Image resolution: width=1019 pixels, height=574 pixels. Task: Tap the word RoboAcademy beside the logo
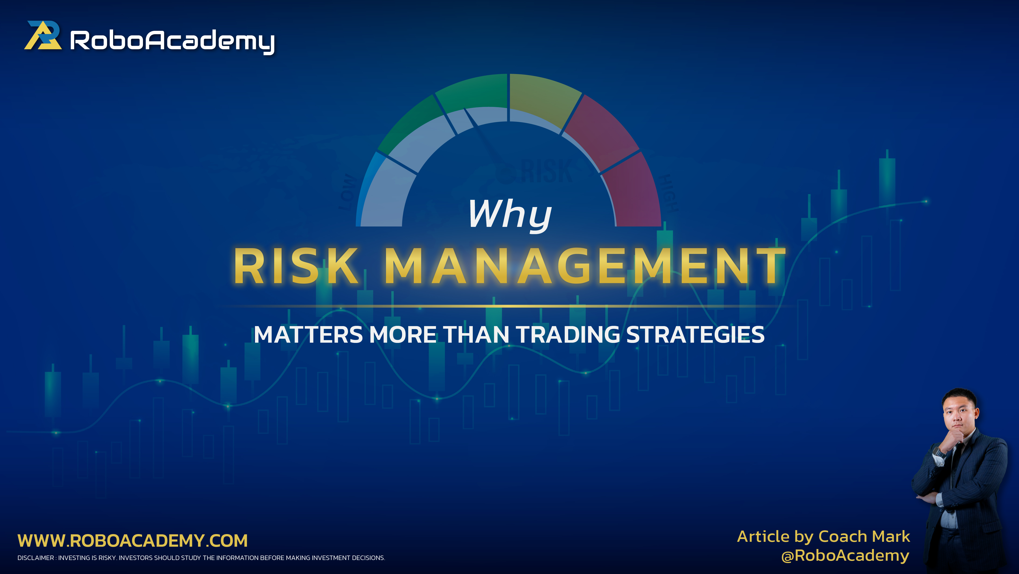pos(172,41)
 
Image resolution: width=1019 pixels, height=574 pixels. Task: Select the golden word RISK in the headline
pos(297,266)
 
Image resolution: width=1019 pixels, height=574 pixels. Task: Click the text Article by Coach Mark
pos(824,537)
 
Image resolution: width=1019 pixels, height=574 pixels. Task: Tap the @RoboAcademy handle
pos(845,555)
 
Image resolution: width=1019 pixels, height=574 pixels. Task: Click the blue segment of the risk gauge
pos(366,186)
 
